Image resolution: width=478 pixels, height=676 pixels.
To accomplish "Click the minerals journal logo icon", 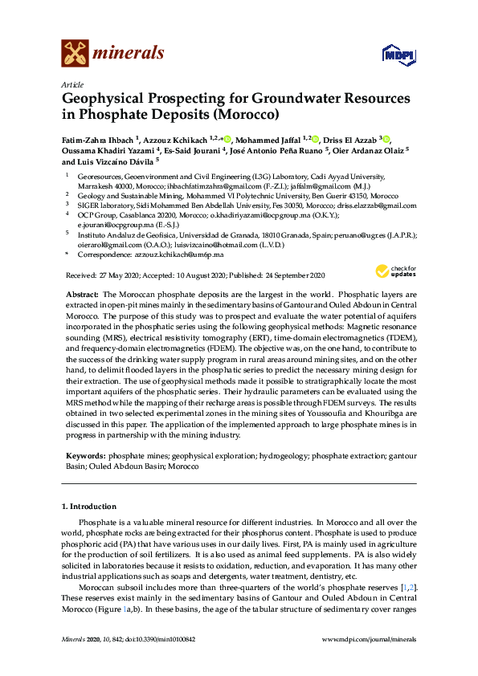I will (75, 54).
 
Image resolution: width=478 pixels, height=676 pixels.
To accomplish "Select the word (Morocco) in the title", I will (243, 114).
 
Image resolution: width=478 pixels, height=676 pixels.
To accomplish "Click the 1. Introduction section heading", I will (89, 507).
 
